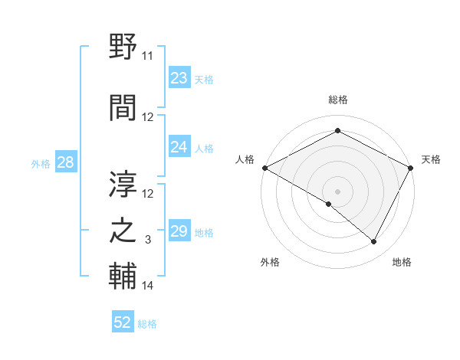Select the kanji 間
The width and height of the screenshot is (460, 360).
click(x=124, y=107)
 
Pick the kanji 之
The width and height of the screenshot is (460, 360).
click(x=124, y=231)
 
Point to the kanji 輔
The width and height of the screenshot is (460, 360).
click(x=124, y=277)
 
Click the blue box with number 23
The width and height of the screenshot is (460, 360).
click(x=179, y=78)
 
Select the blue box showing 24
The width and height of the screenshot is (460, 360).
click(x=179, y=147)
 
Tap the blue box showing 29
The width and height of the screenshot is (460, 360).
click(x=179, y=231)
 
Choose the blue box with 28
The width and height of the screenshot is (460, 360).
click(x=65, y=162)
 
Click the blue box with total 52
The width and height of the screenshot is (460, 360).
click(x=123, y=322)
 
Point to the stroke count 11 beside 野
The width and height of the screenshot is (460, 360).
click(x=148, y=56)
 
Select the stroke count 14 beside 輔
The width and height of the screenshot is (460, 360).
click(x=148, y=286)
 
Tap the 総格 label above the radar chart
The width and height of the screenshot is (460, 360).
click(x=338, y=100)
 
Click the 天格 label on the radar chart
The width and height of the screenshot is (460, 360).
click(x=431, y=159)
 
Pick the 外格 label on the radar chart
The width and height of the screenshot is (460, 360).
click(x=270, y=262)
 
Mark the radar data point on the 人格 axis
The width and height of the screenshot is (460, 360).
click(x=264, y=168)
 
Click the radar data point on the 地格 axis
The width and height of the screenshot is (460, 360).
click(x=374, y=241)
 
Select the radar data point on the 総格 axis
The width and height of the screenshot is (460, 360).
click(x=337, y=131)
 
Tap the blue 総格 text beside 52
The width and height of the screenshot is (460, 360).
click(x=147, y=324)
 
